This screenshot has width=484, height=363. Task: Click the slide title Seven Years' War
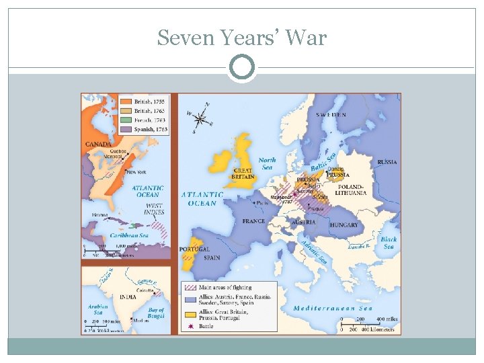click(x=241, y=38)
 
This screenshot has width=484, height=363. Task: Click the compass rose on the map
click(x=200, y=119)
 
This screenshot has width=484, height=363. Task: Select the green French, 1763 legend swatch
click(x=126, y=120)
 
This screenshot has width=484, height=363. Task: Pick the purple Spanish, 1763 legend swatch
click(x=126, y=128)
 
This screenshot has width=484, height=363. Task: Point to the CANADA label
click(x=98, y=145)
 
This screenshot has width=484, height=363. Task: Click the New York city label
click(x=136, y=172)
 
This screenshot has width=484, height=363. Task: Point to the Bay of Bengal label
click(x=155, y=313)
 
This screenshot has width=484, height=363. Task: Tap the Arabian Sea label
click(x=98, y=310)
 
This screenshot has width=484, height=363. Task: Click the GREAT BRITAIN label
click(x=242, y=173)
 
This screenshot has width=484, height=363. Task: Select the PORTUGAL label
click(x=194, y=249)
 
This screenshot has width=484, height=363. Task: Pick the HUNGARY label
click(x=344, y=226)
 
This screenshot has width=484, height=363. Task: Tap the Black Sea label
click(x=388, y=243)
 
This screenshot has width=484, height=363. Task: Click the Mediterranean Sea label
click(x=332, y=309)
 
